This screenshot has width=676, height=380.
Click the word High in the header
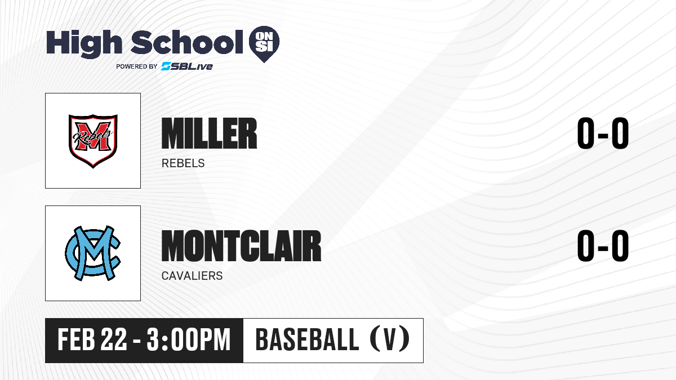84,43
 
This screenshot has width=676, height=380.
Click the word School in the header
187,42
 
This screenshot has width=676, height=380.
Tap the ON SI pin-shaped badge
264,44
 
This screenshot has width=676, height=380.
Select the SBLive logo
187,66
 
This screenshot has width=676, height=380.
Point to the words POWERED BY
137,66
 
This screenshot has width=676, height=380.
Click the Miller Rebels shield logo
93,141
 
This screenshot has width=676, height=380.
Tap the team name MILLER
209,133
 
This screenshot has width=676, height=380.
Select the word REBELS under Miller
183,163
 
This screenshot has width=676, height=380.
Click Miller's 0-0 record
603,133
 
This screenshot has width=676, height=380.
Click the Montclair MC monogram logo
93,253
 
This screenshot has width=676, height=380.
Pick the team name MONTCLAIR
242,246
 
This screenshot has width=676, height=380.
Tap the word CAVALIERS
192,276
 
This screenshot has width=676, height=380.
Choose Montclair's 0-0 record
603,246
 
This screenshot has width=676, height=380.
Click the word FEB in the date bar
77,340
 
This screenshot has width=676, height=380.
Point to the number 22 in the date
114,340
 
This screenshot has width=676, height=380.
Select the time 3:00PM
189,340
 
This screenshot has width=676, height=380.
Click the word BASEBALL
307,339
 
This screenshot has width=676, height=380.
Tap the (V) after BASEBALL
390,339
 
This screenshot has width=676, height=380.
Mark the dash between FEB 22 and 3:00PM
137,342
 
